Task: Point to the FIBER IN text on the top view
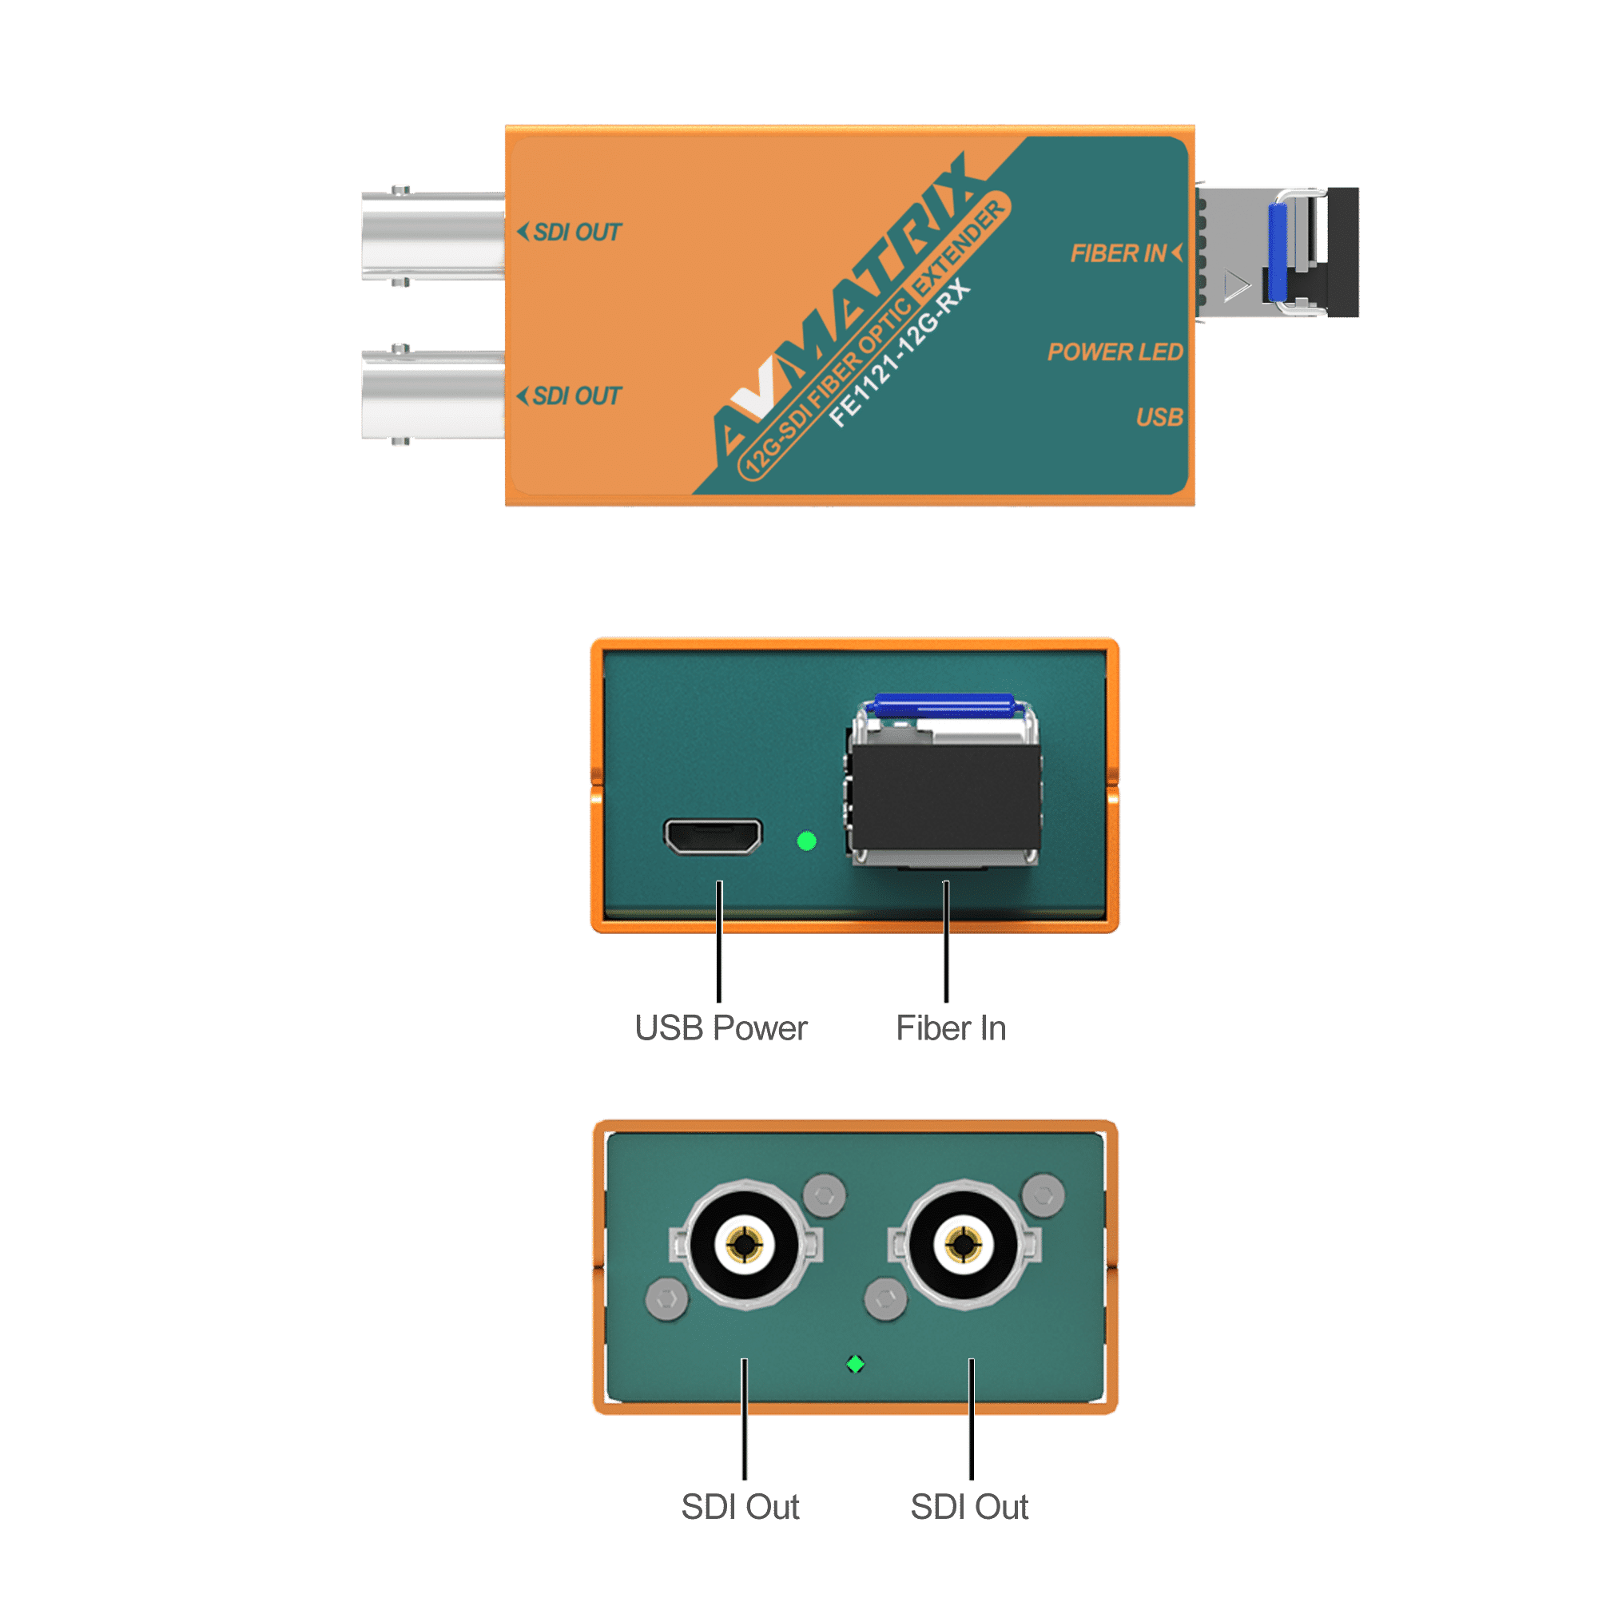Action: pyautogui.click(x=1119, y=253)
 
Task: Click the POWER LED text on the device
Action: pyautogui.click(x=1115, y=352)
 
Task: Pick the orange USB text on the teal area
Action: pyautogui.click(x=1159, y=418)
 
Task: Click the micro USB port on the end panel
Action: pyautogui.click(x=712, y=837)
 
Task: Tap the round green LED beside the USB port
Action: pyautogui.click(x=806, y=841)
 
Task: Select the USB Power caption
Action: pyautogui.click(x=721, y=1028)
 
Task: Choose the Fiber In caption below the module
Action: pyautogui.click(x=951, y=1028)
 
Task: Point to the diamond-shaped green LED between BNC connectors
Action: pyautogui.click(x=856, y=1364)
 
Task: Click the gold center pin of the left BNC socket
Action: pyautogui.click(x=748, y=1242)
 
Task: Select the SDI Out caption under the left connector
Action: pyautogui.click(x=741, y=1506)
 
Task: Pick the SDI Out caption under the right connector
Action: pyautogui.click(x=970, y=1506)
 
